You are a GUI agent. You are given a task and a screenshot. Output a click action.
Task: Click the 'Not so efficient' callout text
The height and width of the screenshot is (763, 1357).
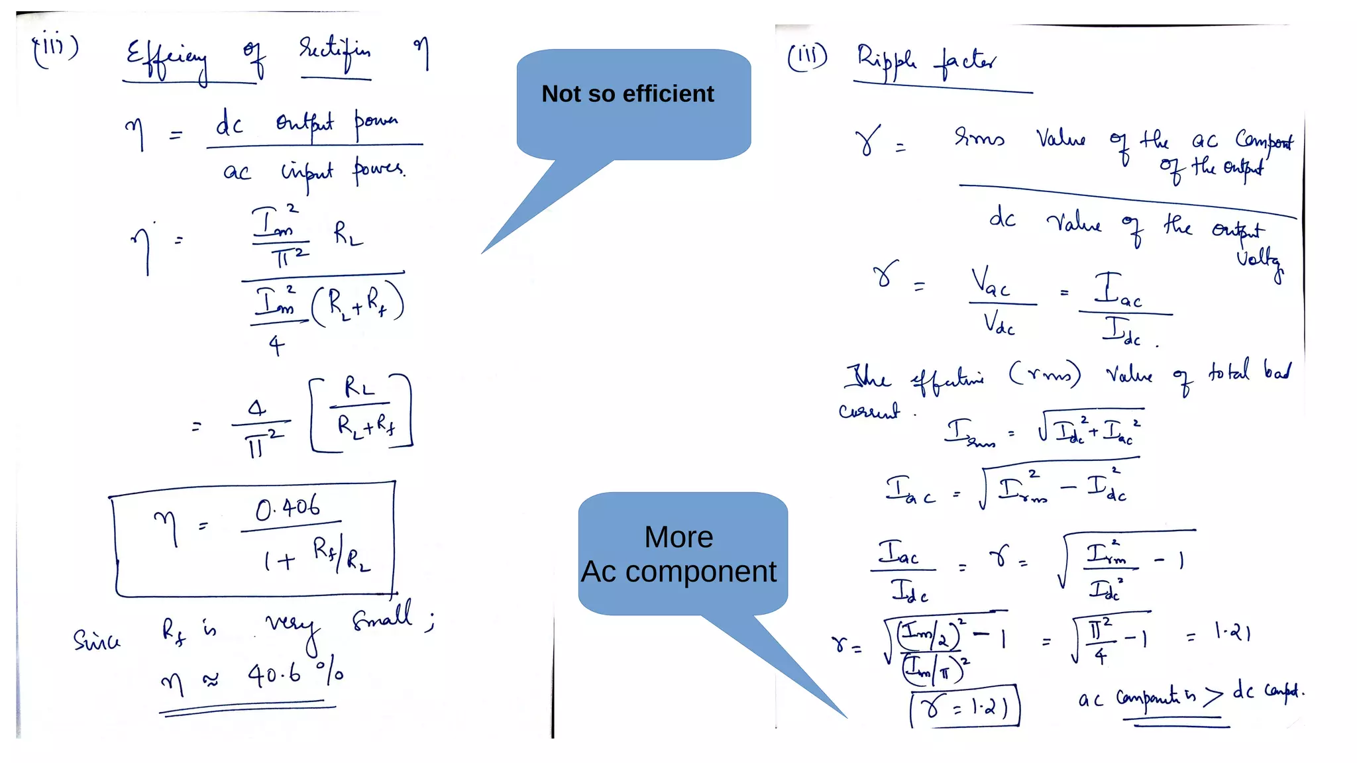click(627, 94)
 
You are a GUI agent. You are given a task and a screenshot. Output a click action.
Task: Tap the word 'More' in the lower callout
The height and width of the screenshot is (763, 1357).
click(678, 537)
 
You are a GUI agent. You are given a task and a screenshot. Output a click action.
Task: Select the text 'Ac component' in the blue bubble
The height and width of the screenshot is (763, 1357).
click(678, 572)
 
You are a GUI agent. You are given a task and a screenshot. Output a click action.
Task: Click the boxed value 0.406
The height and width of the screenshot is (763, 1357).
click(288, 508)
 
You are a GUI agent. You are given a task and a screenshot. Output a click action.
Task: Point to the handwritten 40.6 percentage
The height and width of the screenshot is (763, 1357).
click(274, 675)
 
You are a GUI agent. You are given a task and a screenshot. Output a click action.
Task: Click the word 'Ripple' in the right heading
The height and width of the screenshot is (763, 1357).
click(887, 62)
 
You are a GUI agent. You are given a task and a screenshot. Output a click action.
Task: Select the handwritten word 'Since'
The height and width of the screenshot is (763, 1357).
click(97, 640)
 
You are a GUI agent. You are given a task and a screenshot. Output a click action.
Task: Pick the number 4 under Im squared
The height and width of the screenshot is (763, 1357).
click(276, 345)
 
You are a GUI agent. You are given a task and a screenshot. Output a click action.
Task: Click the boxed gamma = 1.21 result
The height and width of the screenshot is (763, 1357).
click(965, 707)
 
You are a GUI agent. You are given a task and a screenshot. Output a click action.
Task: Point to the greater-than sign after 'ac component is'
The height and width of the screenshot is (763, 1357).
click(1213, 696)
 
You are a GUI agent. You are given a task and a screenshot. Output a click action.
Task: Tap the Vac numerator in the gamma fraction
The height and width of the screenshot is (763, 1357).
click(990, 283)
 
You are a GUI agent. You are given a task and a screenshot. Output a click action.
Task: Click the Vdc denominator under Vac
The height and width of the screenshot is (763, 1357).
click(999, 325)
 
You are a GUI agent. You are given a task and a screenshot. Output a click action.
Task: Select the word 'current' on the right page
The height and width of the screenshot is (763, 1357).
click(869, 411)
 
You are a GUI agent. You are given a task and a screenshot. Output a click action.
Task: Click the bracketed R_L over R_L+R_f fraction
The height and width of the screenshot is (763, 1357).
click(361, 413)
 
